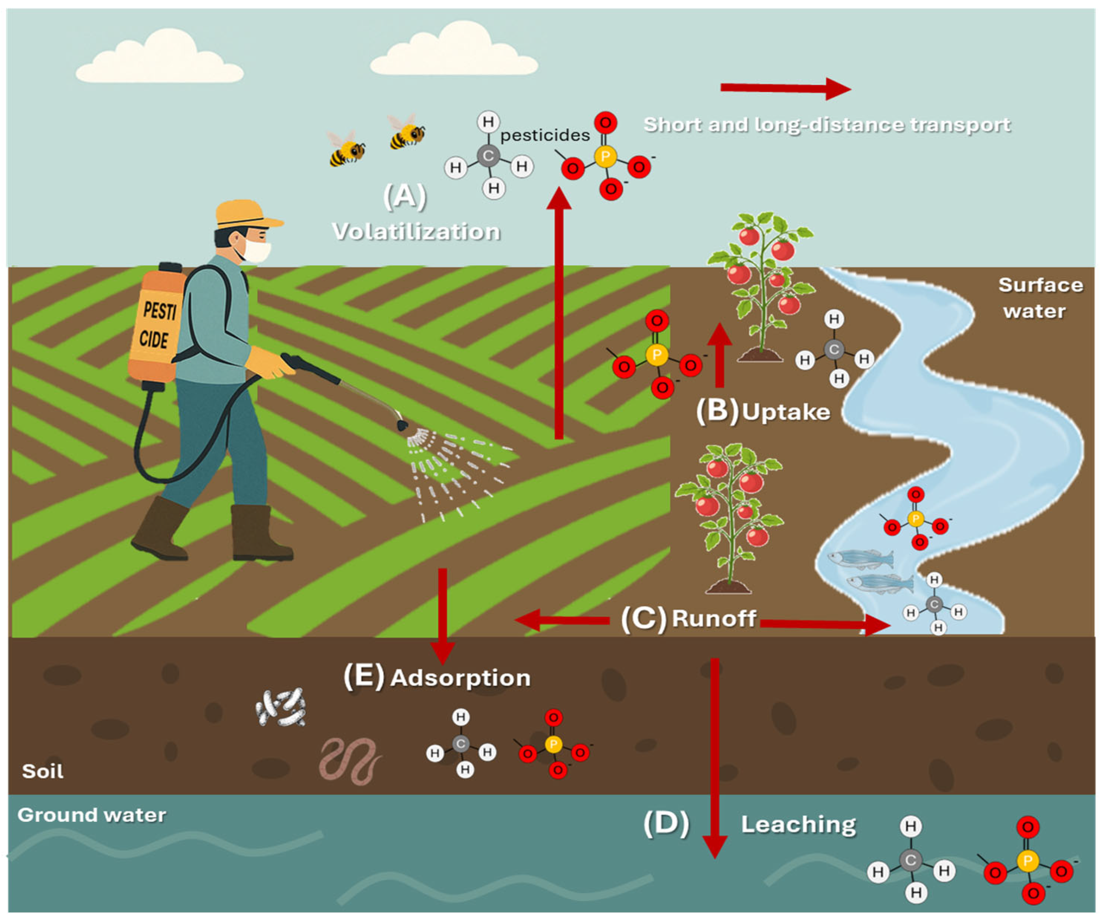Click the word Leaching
click(798, 825)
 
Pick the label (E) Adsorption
click(437, 677)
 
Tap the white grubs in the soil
click(281, 707)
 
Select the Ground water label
click(92, 815)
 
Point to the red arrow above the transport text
click(785, 88)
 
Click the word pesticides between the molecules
click(545, 136)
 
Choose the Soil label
click(43, 771)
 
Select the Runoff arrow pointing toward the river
click(825, 624)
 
